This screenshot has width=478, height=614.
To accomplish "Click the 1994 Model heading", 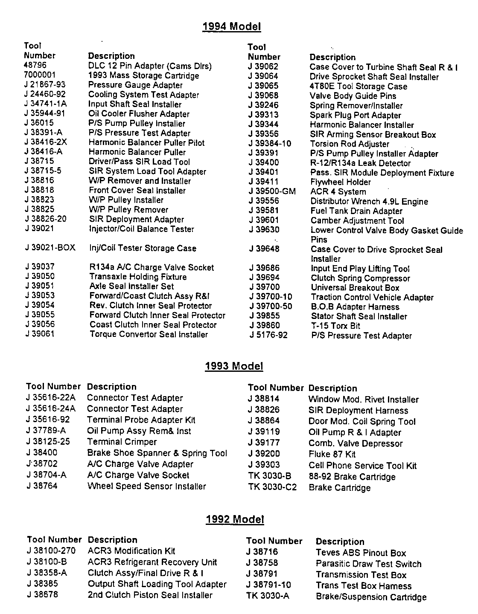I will pyautogui.click(x=231, y=26).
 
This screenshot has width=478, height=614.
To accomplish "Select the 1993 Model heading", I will pyautogui.click(x=234, y=366).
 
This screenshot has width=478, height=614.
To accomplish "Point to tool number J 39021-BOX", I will pyautogui.click(x=50, y=248).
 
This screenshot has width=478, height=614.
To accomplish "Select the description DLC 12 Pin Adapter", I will pyautogui.click(x=150, y=66).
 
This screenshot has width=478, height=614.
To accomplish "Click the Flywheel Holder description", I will pyautogui.click(x=341, y=182).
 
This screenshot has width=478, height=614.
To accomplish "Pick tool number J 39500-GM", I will pyautogui.click(x=272, y=191).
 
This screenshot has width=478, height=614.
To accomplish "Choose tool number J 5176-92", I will pyautogui.click(x=268, y=335).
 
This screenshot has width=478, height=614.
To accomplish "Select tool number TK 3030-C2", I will pyautogui.click(x=272, y=487).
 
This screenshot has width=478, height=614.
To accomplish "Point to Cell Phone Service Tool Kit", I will pyautogui.click(x=362, y=466).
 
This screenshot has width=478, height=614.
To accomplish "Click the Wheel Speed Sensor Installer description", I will pyautogui.click(x=146, y=486).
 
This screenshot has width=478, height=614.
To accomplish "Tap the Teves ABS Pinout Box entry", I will pyautogui.click(x=361, y=553).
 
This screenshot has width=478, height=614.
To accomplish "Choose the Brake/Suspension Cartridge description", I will pyautogui.click(x=371, y=597).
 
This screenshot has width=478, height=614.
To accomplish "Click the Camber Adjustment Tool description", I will pyautogui.click(x=357, y=220).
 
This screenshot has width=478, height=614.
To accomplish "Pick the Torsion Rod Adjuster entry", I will pyautogui.click(x=350, y=144).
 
